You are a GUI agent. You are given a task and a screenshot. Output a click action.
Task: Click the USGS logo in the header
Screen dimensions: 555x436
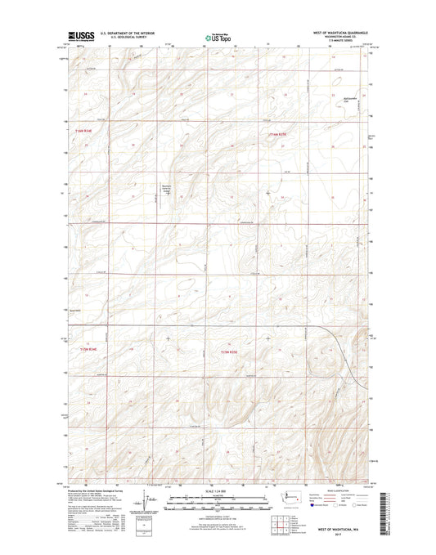pos(81,37)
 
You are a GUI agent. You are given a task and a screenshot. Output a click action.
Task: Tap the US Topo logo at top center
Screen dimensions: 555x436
pos(217,37)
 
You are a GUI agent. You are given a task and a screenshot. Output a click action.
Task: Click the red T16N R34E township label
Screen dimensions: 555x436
pos(75,129)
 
